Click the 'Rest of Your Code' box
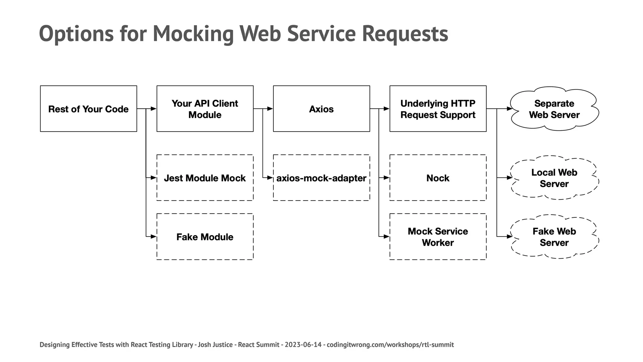(89, 109)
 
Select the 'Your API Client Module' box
(205, 109)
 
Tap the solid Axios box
(321, 109)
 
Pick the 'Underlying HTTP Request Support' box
(438, 109)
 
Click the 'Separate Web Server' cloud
(554, 109)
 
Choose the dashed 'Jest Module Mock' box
(205, 178)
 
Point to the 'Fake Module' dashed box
(205, 237)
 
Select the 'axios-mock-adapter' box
(321, 178)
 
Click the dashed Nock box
(438, 178)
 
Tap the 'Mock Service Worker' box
(438, 237)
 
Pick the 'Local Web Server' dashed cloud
(554, 178)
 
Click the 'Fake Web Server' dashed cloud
(554, 237)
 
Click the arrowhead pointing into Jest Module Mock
(154, 178)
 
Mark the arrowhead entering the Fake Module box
(154, 237)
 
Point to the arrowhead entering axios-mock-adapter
(270, 178)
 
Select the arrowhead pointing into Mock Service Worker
(386, 237)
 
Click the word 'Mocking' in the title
(193, 34)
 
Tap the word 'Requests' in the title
(405, 34)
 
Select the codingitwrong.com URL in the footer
(390, 345)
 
